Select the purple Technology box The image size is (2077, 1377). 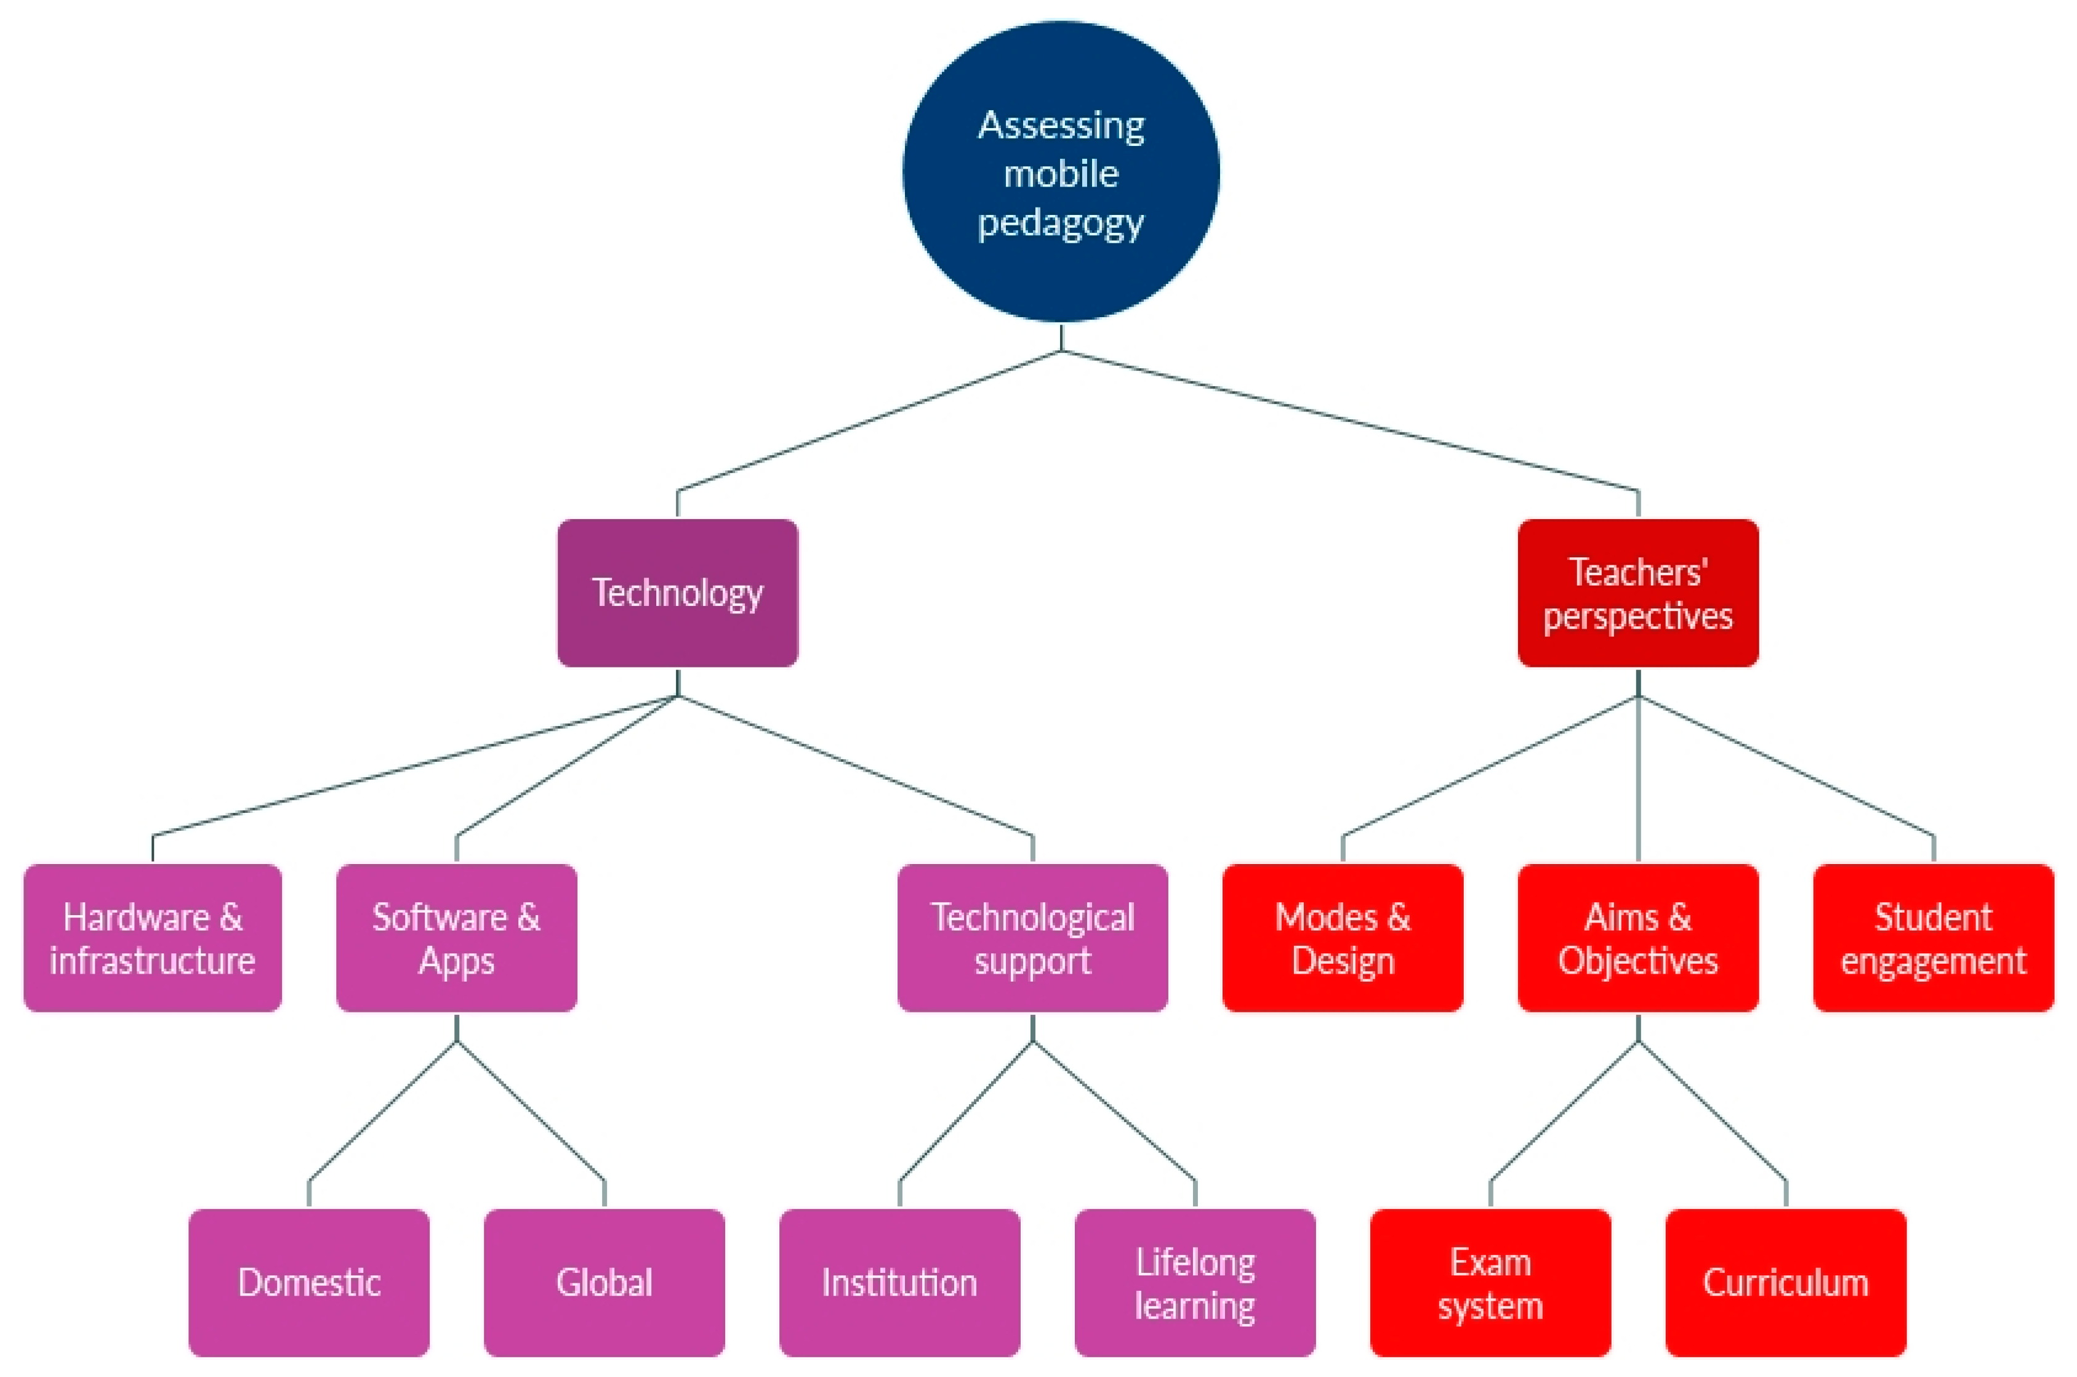pyautogui.click(x=677, y=593)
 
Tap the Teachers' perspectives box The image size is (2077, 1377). pyautogui.click(x=1637, y=593)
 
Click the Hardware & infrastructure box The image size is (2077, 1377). pyautogui.click(x=152, y=938)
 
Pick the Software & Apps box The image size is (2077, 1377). pyautogui.click(x=456, y=938)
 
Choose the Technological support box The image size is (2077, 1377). pyautogui.click(x=1032, y=938)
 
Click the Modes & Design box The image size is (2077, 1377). pyautogui.click(x=1342, y=938)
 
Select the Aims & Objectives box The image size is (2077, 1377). pyautogui.click(x=1637, y=938)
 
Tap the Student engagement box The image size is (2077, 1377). pyautogui.click(x=1933, y=938)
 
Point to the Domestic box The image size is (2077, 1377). pyautogui.click(x=308, y=1282)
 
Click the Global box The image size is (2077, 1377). pyautogui.click(x=604, y=1282)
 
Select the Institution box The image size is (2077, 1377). pyautogui.click(x=899, y=1282)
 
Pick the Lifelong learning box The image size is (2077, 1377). pyautogui.click(x=1195, y=1282)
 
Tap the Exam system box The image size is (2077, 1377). pyautogui.click(x=1490, y=1282)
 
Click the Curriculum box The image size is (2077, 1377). pyautogui.click(x=1786, y=1282)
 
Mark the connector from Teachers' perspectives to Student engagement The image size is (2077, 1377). pyautogui.click(x=1786, y=765)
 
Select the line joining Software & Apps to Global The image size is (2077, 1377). pyautogui.click(x=530, y=1111)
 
